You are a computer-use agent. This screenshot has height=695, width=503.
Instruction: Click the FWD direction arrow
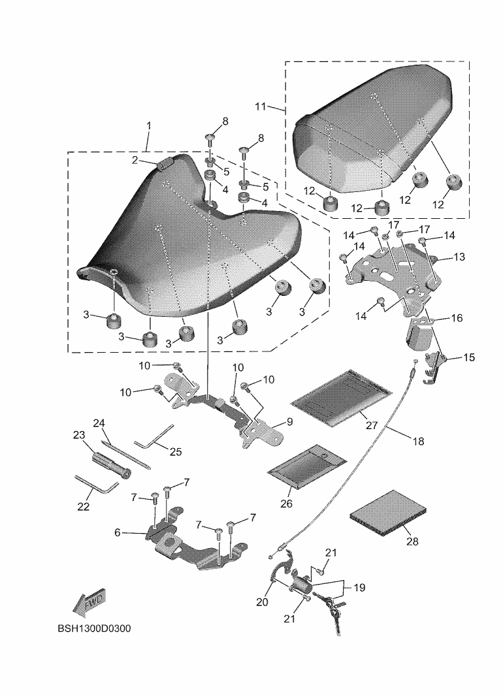88,603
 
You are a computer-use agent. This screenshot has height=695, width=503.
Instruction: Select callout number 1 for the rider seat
149,125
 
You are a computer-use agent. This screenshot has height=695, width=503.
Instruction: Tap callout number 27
372,425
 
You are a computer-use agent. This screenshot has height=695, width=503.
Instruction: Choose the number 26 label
287,504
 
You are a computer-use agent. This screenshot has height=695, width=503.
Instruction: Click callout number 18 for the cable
419,441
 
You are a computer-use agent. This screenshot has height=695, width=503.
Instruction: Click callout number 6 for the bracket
118,532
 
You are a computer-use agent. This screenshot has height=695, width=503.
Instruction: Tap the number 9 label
289,422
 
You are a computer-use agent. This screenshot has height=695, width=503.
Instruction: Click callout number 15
469,358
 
